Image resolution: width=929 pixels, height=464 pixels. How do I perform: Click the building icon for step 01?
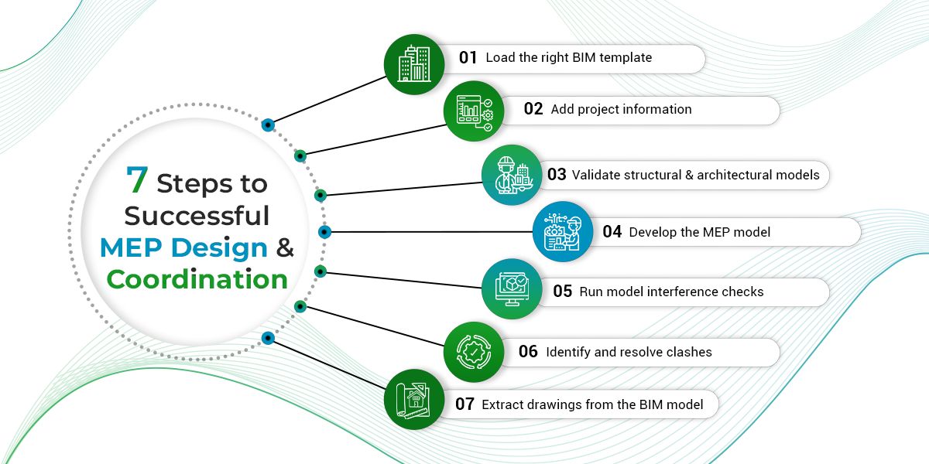click(x=414, y=63)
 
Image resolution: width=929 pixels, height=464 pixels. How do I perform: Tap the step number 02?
click(x=533, y=109)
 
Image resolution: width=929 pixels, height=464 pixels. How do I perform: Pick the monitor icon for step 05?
click(x=512, y=288)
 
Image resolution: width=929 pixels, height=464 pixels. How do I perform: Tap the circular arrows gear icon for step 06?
click(x=474, y=353)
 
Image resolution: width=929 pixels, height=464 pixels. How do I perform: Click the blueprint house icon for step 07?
click(x=414, y=400)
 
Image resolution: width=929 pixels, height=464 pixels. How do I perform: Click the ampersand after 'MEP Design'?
click(x=285, y=247)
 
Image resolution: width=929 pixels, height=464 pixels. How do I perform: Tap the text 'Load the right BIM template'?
click(x=568, y=57)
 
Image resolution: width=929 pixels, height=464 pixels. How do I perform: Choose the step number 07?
click(x=464, y=404)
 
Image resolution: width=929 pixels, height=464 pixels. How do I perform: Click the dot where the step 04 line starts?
click(x=325, y=231)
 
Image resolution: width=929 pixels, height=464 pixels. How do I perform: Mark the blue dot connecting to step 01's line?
click(x=268, y=124)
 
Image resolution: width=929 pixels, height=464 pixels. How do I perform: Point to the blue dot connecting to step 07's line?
click(x=268, y=337)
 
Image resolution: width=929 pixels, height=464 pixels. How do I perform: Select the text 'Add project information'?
click(x=621, y=109)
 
